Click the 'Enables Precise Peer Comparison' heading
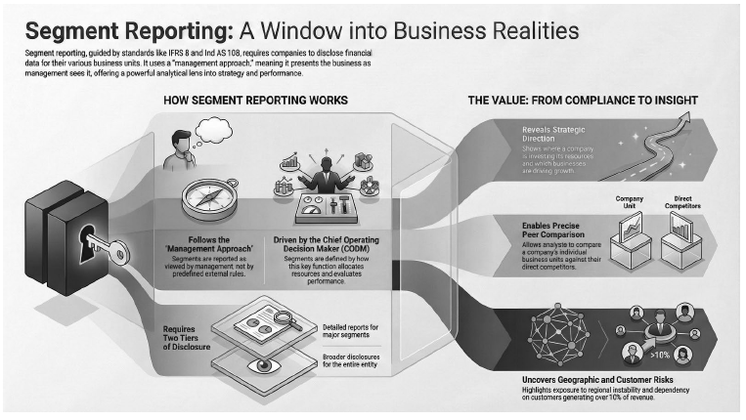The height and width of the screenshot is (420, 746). point(552,231)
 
